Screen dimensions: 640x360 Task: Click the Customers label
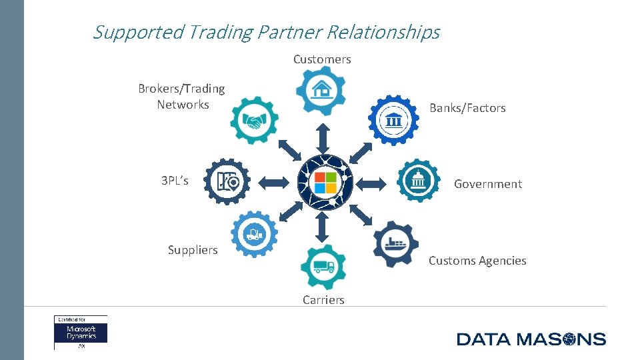[322, 59]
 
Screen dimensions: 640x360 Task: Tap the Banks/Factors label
[467, 107]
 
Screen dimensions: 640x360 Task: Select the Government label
[488, 184]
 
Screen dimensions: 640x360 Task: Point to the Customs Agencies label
[477, 261]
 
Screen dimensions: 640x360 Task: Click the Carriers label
[323, 300]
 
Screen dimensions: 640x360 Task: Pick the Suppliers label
[193, 250]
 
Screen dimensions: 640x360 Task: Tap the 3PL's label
[175, 181]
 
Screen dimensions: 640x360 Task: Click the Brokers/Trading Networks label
[182, 97]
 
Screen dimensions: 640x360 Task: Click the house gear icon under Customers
[321, 90]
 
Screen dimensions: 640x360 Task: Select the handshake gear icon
[254, 121]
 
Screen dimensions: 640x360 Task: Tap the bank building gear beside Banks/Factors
[393, 120]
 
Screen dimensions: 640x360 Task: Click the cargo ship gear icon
[395, 244]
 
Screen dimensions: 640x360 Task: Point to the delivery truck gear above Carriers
[323, 267]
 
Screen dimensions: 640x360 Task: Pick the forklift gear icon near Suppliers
[254, 234]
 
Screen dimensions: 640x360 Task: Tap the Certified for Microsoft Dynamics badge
[81, 332]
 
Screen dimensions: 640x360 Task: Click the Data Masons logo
[531, 339]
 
